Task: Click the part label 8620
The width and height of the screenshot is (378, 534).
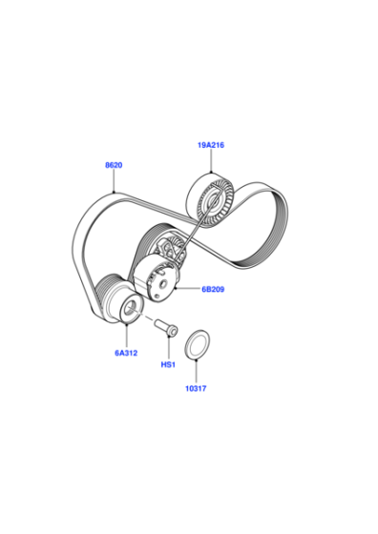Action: (x=114, y=165)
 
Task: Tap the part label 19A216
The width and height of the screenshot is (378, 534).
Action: (x=211, y=145)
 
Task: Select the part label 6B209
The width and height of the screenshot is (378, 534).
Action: (x=213, y=289)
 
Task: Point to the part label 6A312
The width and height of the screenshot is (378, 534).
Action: (x=126, y=353)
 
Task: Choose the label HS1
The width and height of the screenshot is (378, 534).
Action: (x=168, y=364)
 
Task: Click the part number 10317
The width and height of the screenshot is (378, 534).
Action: (x=196, y=388)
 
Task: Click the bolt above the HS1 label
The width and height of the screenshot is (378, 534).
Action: (x=166, y=326)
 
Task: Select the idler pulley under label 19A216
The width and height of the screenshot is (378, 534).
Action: (x=210, y=200)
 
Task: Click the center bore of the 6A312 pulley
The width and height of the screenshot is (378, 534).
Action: (x=129, y=309)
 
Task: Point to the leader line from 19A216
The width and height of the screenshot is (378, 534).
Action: (x=211, y=161)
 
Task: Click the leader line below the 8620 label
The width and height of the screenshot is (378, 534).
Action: (x=114, y=181)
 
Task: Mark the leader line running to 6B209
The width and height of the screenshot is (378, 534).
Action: (x=188, y=289)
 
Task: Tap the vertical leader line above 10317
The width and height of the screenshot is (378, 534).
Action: (x=197, y=371)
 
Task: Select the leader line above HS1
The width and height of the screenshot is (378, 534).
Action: (x=169, y=348)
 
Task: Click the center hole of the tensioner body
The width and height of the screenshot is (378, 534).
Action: (x=164, y=283)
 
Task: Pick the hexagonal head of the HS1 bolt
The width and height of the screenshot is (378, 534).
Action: (x=173, y=330)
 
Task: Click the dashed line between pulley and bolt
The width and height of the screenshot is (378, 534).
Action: (x=143, y=316)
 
